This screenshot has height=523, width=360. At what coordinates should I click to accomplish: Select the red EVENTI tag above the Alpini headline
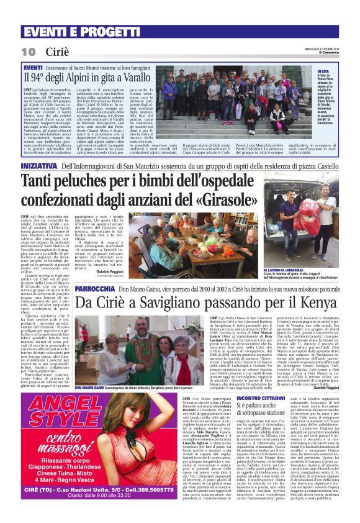pyautogui.click(x=32, y=67)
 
